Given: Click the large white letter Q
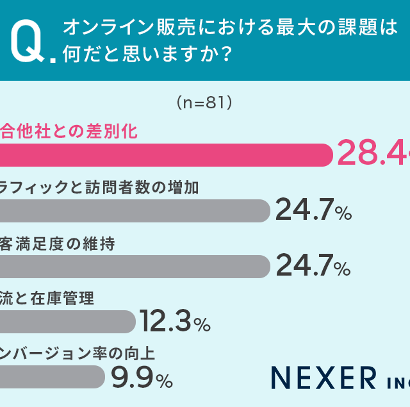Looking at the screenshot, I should coord(27,42).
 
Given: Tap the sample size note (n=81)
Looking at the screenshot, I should coord(203,102).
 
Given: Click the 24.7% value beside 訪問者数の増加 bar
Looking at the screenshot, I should coord(313,211).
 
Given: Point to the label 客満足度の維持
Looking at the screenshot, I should coord(58,244).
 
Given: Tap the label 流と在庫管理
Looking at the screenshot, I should coord(47,299).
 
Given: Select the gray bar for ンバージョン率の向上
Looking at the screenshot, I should coord(51,377).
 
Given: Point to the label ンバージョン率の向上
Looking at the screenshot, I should coord(78,354).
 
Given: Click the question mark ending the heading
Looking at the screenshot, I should coord(224,56).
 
